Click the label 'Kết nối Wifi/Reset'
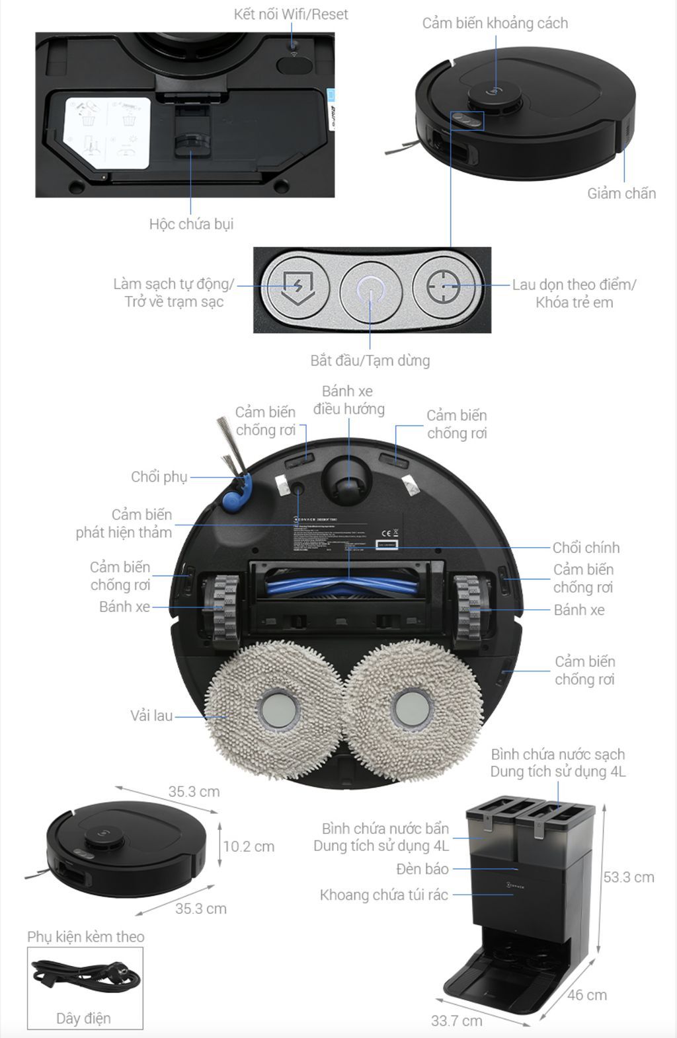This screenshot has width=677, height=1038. [x=291, y=15]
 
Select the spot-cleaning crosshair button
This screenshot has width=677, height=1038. [x=443, y=286]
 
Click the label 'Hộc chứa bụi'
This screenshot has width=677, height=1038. [x=191, y=224]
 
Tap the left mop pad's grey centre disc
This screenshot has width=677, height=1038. [x=280, y=710]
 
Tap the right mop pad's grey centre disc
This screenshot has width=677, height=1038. [x=413, y=710]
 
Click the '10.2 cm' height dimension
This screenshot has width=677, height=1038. [x=248, y=846]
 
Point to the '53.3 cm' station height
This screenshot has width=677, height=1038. [x=628, y=877]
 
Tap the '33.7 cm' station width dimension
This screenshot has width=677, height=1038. [x=457, y=1021]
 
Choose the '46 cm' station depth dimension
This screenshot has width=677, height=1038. [x=586, y=995]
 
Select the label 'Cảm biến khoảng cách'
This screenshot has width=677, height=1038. [x=495, y=23]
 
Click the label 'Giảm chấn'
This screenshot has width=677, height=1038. [x=621, y=194]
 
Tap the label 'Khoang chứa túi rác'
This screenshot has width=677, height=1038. [x=383, y=895]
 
